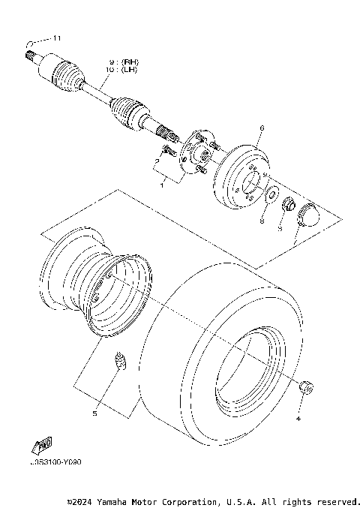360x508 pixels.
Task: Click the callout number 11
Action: click(55, 38)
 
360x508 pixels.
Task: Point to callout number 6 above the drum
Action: click(261, 128)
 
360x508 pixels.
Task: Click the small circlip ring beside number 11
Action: click(28, 43)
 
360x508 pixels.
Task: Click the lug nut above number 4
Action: click(305, 387)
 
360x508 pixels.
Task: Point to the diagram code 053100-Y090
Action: click(56, 462)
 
